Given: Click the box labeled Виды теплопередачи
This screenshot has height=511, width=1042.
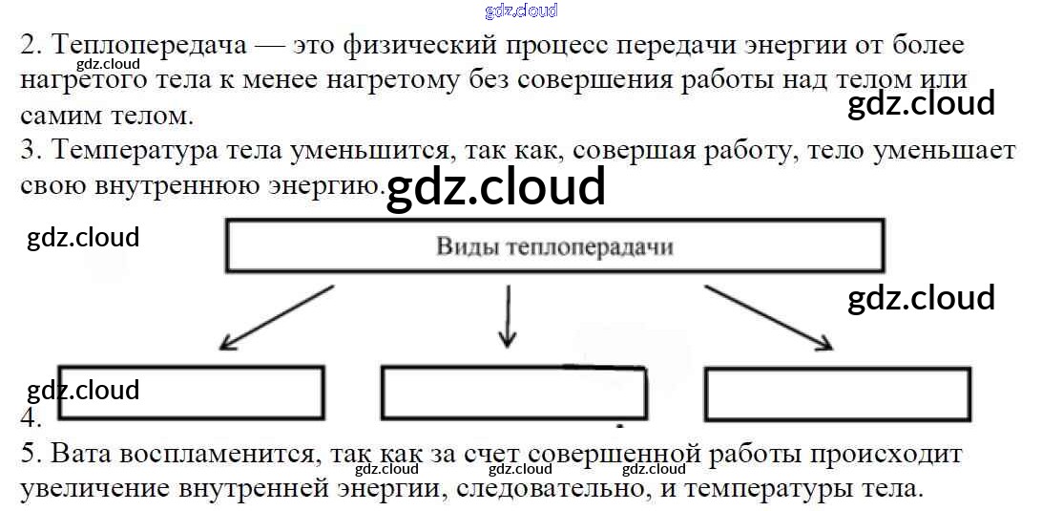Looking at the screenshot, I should click(554, 246).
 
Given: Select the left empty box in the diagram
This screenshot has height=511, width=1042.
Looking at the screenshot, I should click(191, 393).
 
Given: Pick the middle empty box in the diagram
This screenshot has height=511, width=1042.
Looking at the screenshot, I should click(513, 393).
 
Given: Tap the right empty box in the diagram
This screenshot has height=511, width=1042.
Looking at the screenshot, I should click(837, 394).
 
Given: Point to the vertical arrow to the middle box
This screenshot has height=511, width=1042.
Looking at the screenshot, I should click(507, 316).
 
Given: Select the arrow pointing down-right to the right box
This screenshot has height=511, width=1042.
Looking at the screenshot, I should click(768, 317).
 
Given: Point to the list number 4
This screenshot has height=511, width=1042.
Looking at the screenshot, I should click(30, 418).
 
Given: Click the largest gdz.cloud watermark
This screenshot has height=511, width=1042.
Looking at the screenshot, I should click(495, 186).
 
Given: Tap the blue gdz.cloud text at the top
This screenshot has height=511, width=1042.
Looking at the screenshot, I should click(521, 11).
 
